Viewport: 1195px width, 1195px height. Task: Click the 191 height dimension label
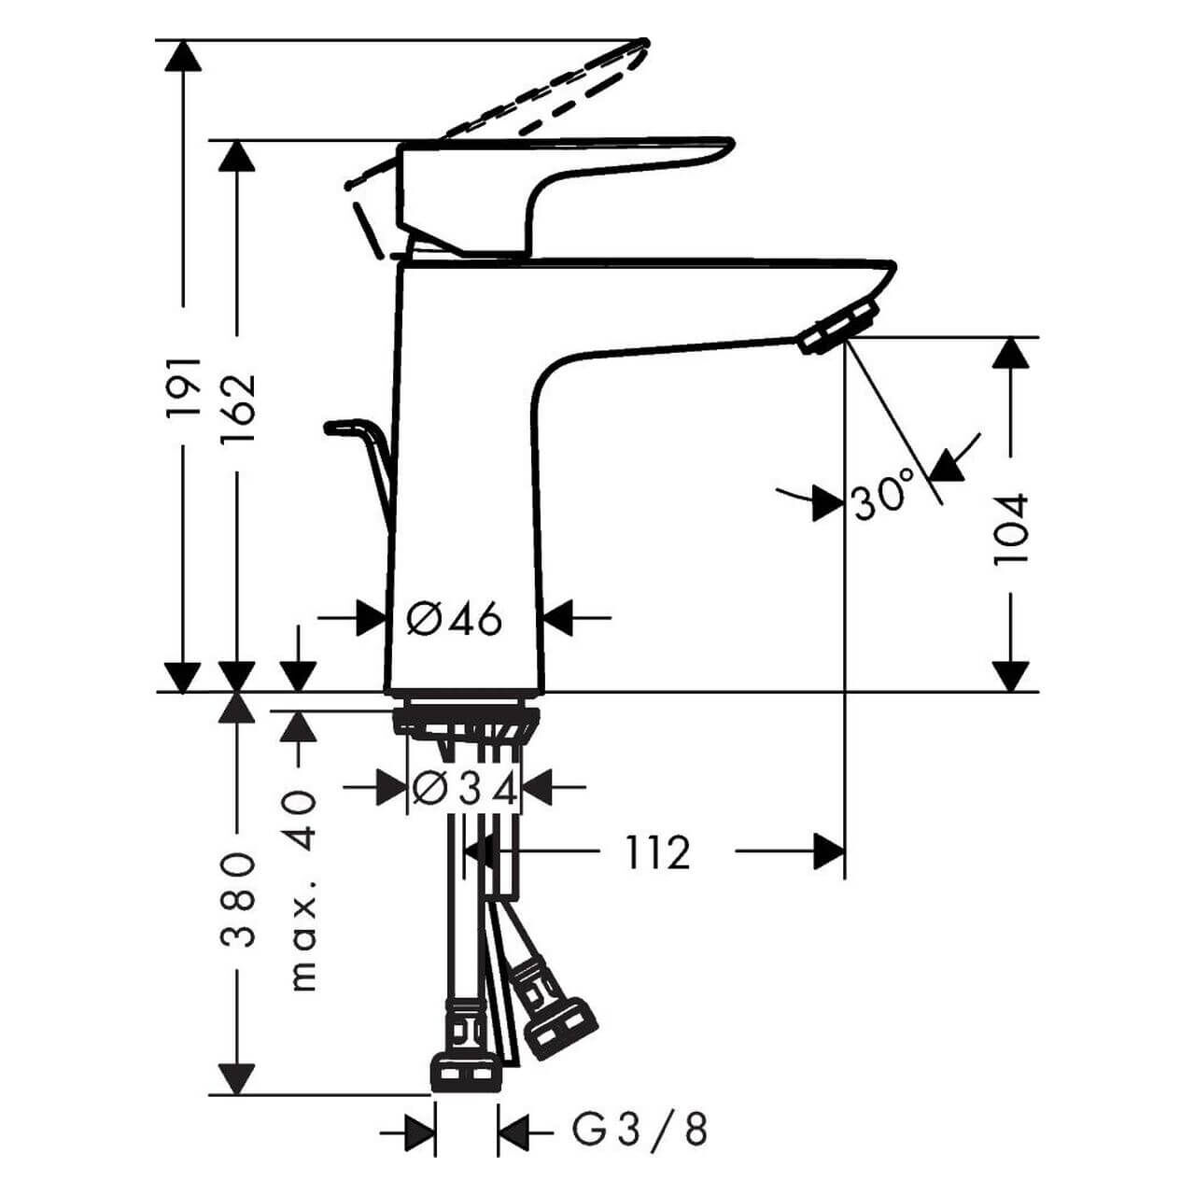coord(184,386)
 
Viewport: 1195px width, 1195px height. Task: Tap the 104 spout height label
coord(1010,527)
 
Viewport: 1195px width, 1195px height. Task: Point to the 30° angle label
coord(883,495)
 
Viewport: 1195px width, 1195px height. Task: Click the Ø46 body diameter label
coord(456,618)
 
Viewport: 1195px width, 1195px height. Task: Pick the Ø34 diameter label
coord(465,790)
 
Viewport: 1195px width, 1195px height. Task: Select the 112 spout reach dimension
coord(656,852)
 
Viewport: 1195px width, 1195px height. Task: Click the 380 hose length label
coord(237,899)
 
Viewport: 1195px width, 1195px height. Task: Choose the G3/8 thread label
coord(640,1131)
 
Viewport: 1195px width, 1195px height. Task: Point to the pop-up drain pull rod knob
coord(340,427)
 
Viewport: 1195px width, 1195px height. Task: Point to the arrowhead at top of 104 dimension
coord(1010,353)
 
